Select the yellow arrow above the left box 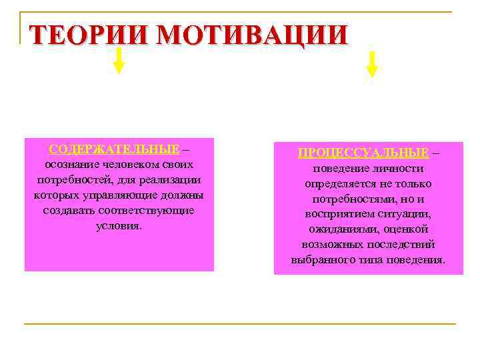(119, 59)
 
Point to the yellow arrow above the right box (372, 63)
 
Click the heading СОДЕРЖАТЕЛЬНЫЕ (114, 149)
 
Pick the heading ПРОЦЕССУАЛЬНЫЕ (363, 153)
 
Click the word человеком (129, 164)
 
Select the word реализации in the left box (170, 179)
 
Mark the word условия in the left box (119, 225)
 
